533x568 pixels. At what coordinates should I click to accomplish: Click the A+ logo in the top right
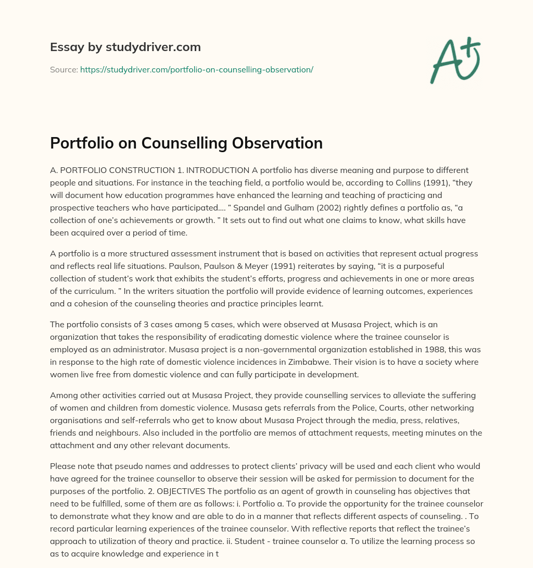coord(454,60)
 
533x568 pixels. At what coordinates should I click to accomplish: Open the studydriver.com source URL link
coord(196,69)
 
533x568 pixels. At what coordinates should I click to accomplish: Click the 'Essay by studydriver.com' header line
coord(125,47)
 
